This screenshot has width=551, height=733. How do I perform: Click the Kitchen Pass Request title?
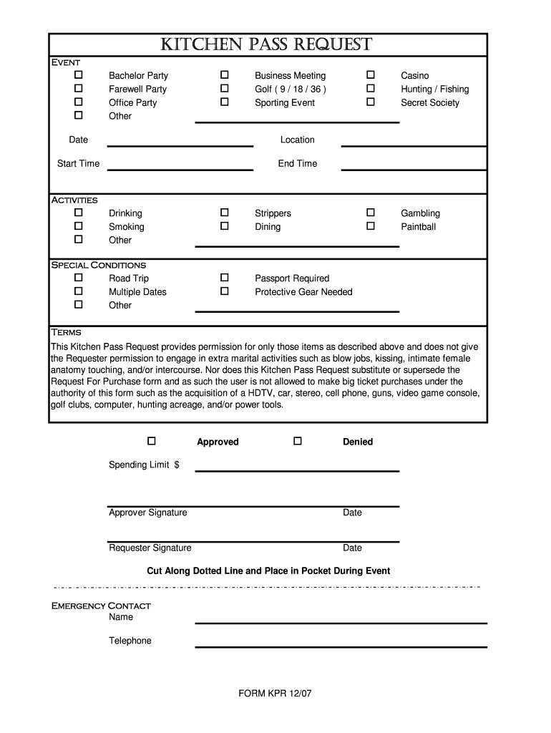click(265, 45)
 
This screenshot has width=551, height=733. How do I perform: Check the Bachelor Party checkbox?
click(79, 75)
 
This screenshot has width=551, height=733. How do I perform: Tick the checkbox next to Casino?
click(371, 75)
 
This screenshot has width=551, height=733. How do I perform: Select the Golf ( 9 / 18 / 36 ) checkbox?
click(225, 89)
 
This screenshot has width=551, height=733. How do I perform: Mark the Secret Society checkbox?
click(371, 102)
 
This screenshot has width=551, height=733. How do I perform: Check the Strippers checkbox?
click(225, 213)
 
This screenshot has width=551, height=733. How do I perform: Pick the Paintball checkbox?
click(371, 226)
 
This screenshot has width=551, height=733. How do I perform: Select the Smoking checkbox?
click(79, 226)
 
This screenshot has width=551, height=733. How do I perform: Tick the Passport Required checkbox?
click(225, 278)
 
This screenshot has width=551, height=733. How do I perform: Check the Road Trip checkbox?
click(79, 278)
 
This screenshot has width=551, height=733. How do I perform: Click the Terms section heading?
click(66, 332)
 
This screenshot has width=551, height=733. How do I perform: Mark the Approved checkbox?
click(152, 441)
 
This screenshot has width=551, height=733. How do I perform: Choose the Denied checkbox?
click(298, 441)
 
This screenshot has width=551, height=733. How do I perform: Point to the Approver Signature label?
click(147, 513)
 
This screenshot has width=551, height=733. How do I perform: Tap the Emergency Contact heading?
click(101, 606)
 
